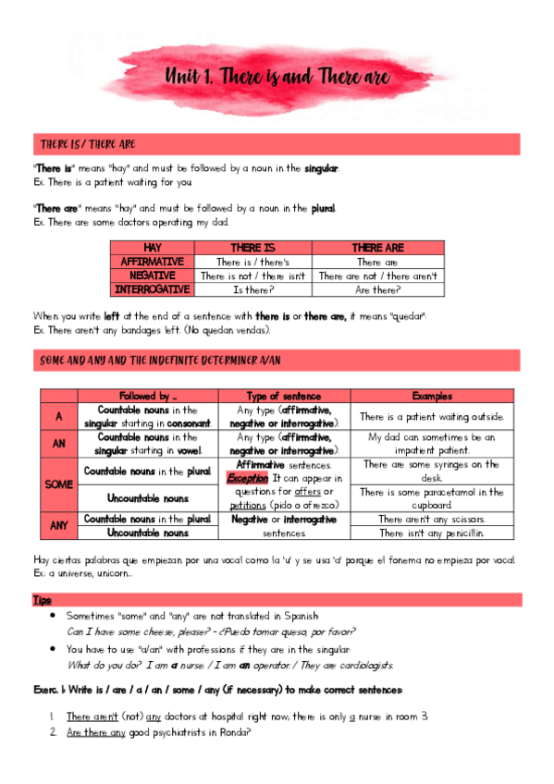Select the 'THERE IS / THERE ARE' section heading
click(88, 145)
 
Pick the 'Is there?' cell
click(251, 289)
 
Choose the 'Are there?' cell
click(377, 289)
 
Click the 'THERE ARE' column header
click(377, 249)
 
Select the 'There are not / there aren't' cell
click(377, 276)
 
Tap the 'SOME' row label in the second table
click(57, 484)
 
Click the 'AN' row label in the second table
click(57, 443)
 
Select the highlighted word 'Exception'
click(247, 478)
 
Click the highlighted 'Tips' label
click(43, 600)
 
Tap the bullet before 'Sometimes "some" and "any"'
click(56, 615)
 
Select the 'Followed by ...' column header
click(148, 396)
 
